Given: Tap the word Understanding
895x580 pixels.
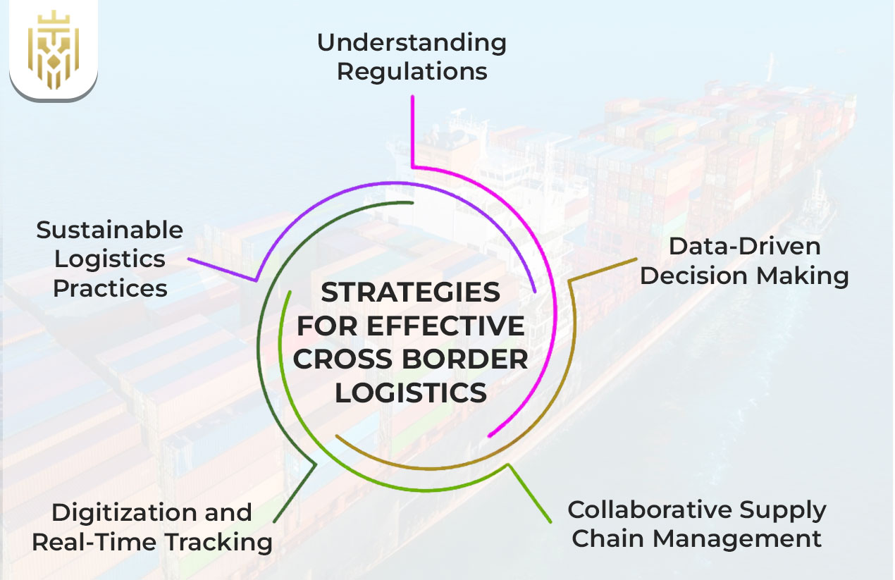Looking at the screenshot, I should pyautogui.click(x=412, y=43).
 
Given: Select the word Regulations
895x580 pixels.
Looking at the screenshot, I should pyautogui.click(x=412, y=72).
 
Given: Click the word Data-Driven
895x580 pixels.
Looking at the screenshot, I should pyautogui.click(x=744, y=246).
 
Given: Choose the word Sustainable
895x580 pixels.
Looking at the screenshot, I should pyautogui.click(x=110, y=230).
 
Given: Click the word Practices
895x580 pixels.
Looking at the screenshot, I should pyautogui.click(x=110, y=288).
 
